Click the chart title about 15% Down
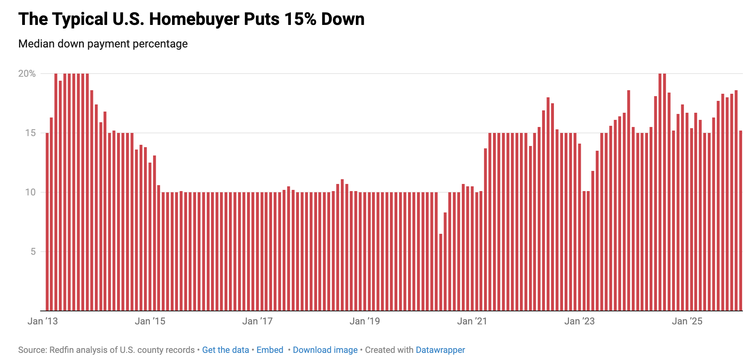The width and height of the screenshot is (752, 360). tap(191, 19)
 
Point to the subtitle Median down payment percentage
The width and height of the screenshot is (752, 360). tap(103, 44)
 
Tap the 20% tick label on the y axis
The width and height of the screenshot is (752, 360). tap(27, 74)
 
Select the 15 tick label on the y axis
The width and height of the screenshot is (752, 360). tap(30, 133)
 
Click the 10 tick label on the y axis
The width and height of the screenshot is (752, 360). tap(30, 192)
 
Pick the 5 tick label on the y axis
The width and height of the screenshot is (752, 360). tap(33, 252)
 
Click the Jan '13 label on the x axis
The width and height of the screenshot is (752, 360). tap(43, 321)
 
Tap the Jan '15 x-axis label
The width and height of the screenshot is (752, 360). tap(150, 321)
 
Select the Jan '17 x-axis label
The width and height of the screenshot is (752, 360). tap(257, 321)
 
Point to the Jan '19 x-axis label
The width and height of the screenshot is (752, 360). tap(365, 321)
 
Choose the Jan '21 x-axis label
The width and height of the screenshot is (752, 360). tap(472, 321)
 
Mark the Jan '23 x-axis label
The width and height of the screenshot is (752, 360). tap(579, 321)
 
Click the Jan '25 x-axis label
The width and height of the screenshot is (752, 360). tap(687, 321)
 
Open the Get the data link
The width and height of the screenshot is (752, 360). tap(225, 350)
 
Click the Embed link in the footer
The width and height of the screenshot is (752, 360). tap(270, 350)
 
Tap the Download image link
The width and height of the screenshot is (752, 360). tap(325, 350)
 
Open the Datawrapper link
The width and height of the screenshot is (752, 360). tap(440, 350)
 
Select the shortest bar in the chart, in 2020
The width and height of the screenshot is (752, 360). tap(440, 273)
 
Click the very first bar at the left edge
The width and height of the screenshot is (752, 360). tap(47, 222)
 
